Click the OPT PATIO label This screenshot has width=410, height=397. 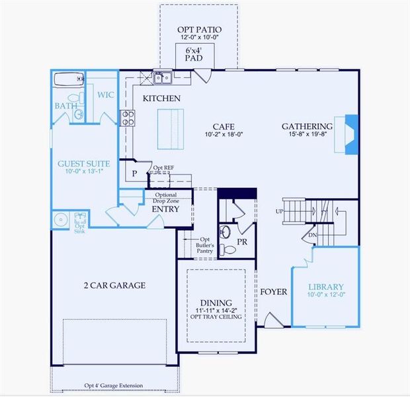point(199,30)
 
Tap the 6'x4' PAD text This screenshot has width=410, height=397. point(194,54)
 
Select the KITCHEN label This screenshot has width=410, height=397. point(162,98)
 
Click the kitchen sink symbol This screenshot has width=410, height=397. point(162,78)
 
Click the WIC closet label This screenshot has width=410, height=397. point(106,95)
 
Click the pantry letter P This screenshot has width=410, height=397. point(134,173)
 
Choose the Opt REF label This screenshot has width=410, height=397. point(164,168)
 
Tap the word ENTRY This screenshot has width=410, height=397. point(165,209)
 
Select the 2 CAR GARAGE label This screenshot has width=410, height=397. point(114,285)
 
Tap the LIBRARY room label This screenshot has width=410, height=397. point(327,287)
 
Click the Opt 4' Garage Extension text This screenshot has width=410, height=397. point(114,385)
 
